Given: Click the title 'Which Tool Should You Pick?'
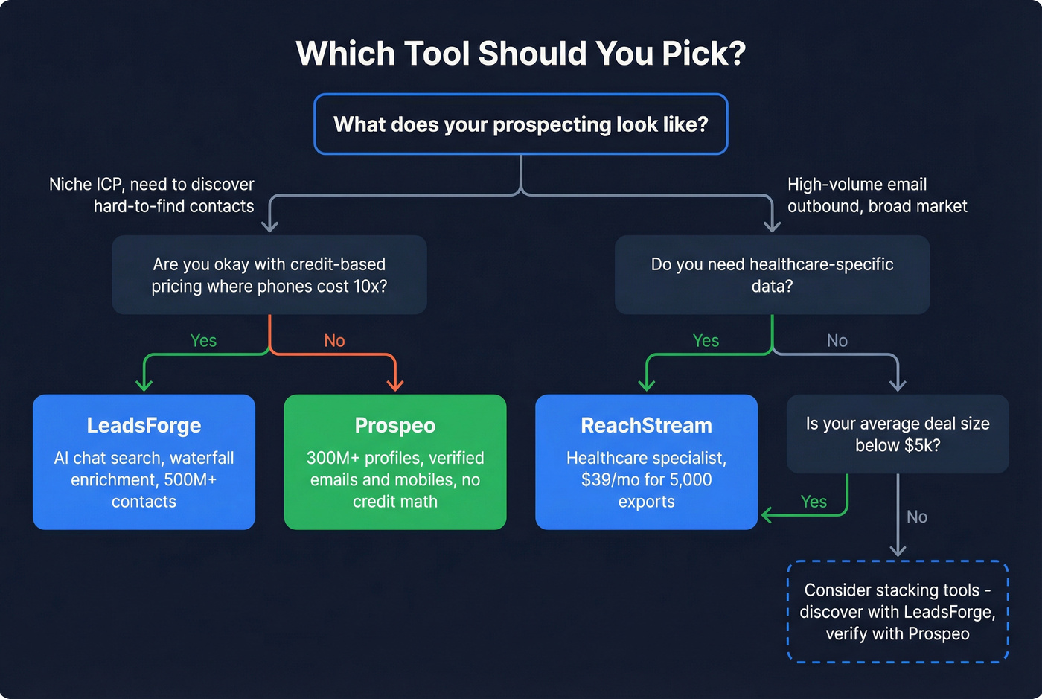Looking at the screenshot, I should click(x=520, y=54).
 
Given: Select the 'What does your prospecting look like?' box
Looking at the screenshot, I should click(x=520, y=124).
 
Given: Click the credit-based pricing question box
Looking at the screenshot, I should click(x=269, y=275).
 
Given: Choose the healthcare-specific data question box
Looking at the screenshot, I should click(x=772, y=275).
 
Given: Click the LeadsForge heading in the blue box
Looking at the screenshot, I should click(x=144, y=425).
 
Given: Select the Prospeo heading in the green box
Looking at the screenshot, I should click(x=395, y=425).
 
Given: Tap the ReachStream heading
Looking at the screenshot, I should click(x=646, y=425).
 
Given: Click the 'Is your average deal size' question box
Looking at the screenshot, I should click(x=898, y=434).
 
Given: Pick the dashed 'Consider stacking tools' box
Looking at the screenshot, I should click(x=898, y=611).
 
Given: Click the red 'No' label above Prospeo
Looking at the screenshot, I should click(x=334, y=341).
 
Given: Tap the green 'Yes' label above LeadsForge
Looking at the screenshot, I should click(x=203, y=341).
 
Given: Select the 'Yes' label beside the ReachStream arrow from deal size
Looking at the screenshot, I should click(x=814, y=502).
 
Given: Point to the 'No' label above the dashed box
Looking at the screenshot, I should click(x=917, y=517).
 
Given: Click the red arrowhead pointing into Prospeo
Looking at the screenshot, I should click(x=395, y=384).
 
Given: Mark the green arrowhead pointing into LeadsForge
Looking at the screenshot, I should click(x=144, y=384).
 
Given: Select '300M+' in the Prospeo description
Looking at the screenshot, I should click(x=333, y=458).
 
